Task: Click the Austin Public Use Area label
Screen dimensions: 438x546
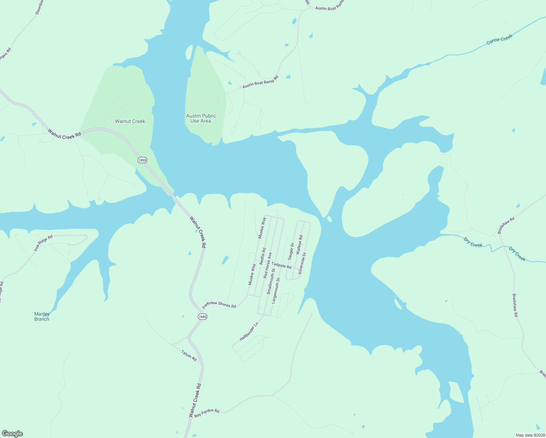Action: (x=201, y=118)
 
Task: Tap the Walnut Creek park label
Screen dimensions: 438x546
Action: (x=130, y=121)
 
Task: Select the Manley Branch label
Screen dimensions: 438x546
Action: (x=42, y=316)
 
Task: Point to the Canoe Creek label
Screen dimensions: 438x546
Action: (x=500, y=39)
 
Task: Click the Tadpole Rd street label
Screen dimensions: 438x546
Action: (x=281, y=265)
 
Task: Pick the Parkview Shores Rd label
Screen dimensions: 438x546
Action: (x=219, y=304)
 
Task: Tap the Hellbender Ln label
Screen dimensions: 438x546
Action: (x=249, y=332)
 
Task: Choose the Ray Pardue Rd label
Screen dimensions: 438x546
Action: (x=207, y=413)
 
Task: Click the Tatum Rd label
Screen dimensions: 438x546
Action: (x=189, y=356)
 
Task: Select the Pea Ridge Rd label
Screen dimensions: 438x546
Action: (x=43, y=243)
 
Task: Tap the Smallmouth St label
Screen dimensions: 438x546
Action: (x=271, y=281)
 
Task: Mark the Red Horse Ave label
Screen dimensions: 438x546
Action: (x=268, y=265)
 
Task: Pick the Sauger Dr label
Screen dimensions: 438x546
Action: (x=291, y=251)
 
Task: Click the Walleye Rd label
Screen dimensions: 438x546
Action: (x=299, y=245)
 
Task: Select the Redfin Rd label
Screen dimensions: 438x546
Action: (x=262, y=256)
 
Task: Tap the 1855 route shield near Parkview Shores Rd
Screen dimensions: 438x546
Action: (x=203, y=316)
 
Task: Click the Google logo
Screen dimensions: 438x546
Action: (x=12, y=434)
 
